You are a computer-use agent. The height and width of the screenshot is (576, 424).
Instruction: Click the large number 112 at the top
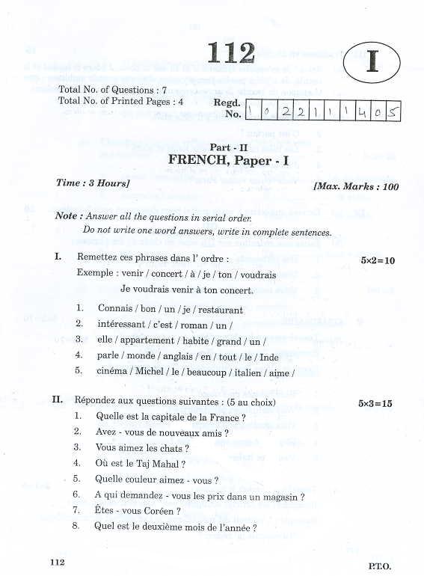[x=232, y=52]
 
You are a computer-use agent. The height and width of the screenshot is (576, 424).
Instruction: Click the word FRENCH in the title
[x=197, y=159]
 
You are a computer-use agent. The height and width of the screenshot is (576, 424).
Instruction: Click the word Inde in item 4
[x=268, y=356]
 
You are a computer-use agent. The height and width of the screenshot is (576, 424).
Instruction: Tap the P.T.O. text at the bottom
[x=380, y=567]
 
